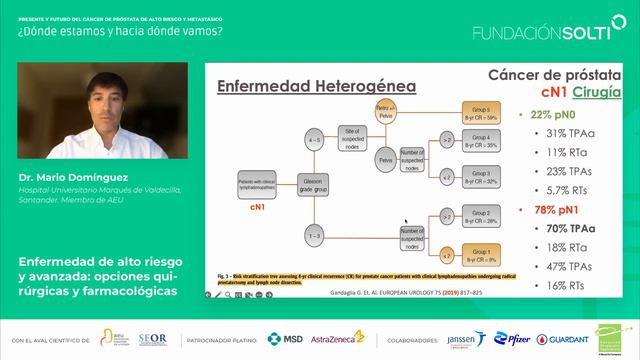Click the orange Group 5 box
[x=479, y=110]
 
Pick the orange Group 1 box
[x=479, y=251]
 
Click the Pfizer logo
[x=514, y=340]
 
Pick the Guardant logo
[x=562, y=340]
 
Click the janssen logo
[x=467, y=340]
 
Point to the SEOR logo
[x=152, y=340]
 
